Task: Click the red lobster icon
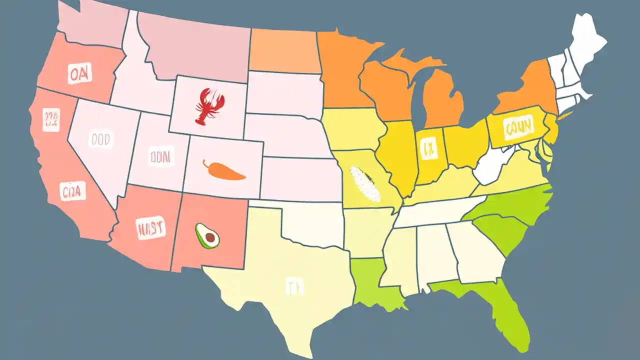pos(206,106)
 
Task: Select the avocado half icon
pos(207,236)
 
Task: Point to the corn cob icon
pos(365,184)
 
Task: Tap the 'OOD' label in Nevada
pos(101,140)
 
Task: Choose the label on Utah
pos(161,157)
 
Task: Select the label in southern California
pos(73,191)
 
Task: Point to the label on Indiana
pos(427,148)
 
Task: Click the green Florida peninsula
pos(505,310)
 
